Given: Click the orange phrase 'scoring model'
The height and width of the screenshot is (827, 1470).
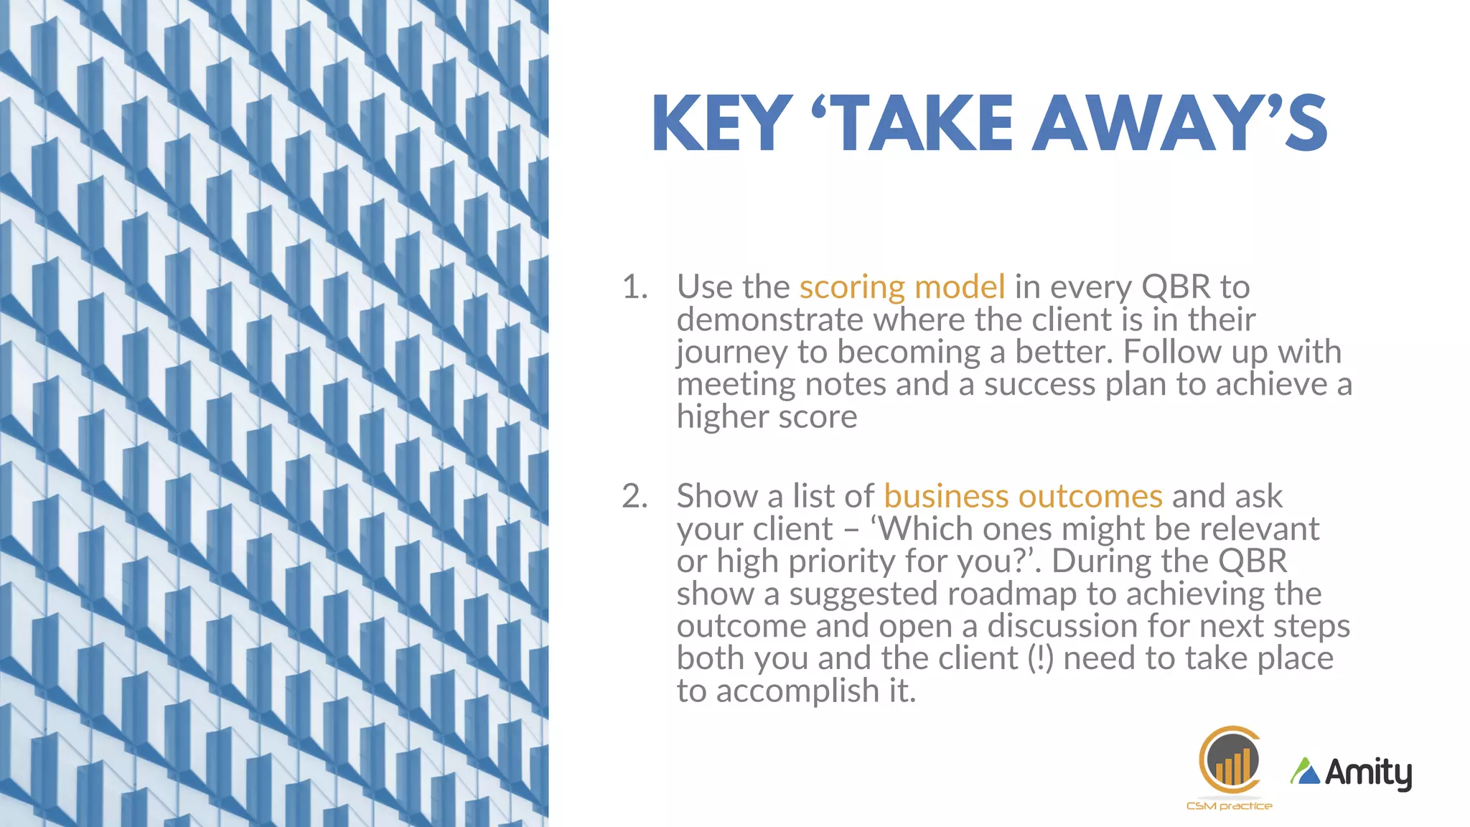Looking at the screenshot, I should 902,288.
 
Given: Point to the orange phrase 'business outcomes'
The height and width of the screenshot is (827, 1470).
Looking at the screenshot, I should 1023,497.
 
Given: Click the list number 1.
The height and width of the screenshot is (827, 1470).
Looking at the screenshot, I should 635,288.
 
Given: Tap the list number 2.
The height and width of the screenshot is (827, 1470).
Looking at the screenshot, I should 635,497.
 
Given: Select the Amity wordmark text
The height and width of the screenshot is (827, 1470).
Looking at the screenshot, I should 1368,773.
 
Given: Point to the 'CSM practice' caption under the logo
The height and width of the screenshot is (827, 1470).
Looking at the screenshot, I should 1229,806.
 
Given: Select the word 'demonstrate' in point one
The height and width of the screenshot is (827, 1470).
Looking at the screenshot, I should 769,320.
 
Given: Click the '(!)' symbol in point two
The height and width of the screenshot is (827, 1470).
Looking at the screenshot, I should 1040,659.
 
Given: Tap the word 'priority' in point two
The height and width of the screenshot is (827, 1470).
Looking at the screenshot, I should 841,562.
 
